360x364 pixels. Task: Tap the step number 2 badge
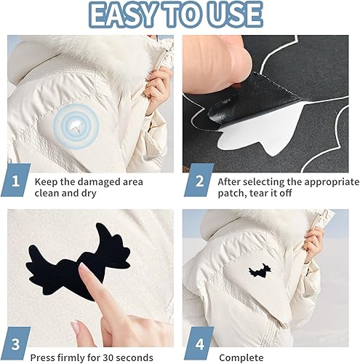(x=199, y=180)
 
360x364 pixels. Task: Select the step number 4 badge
(x=199, y=344)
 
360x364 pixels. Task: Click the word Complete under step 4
(x=241, y=358)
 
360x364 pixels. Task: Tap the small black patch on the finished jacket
(x=260, y=270)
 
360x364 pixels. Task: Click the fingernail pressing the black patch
(x=84, y=269)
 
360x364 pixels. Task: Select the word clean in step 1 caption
(x=47, y=194)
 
